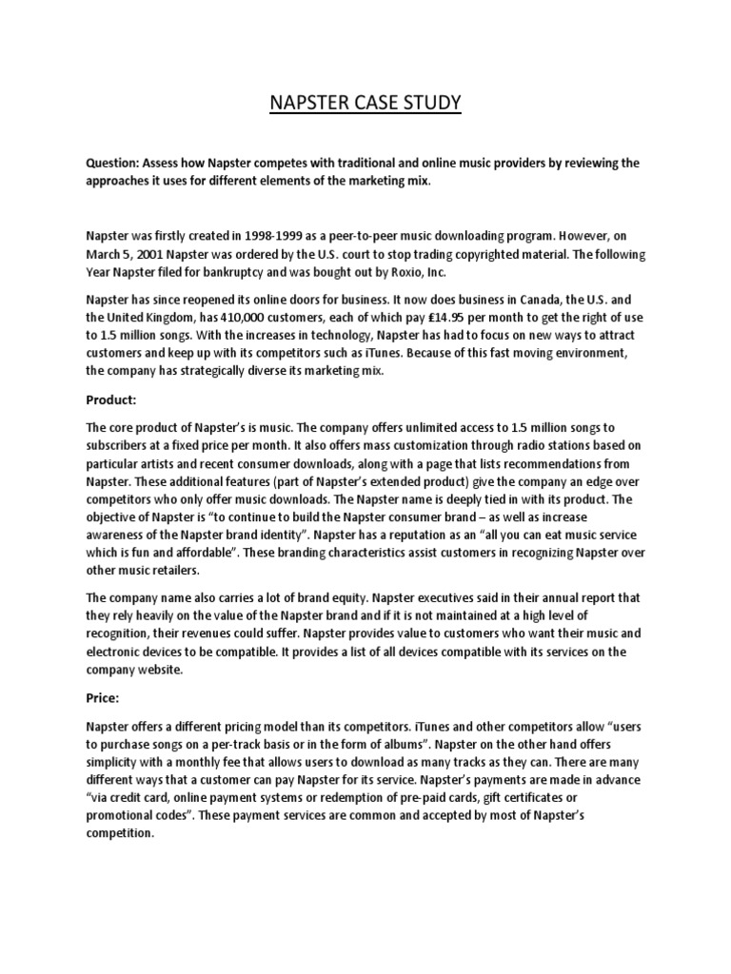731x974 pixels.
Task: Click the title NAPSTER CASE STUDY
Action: [365, 101]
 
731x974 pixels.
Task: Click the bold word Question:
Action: [114, 164]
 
